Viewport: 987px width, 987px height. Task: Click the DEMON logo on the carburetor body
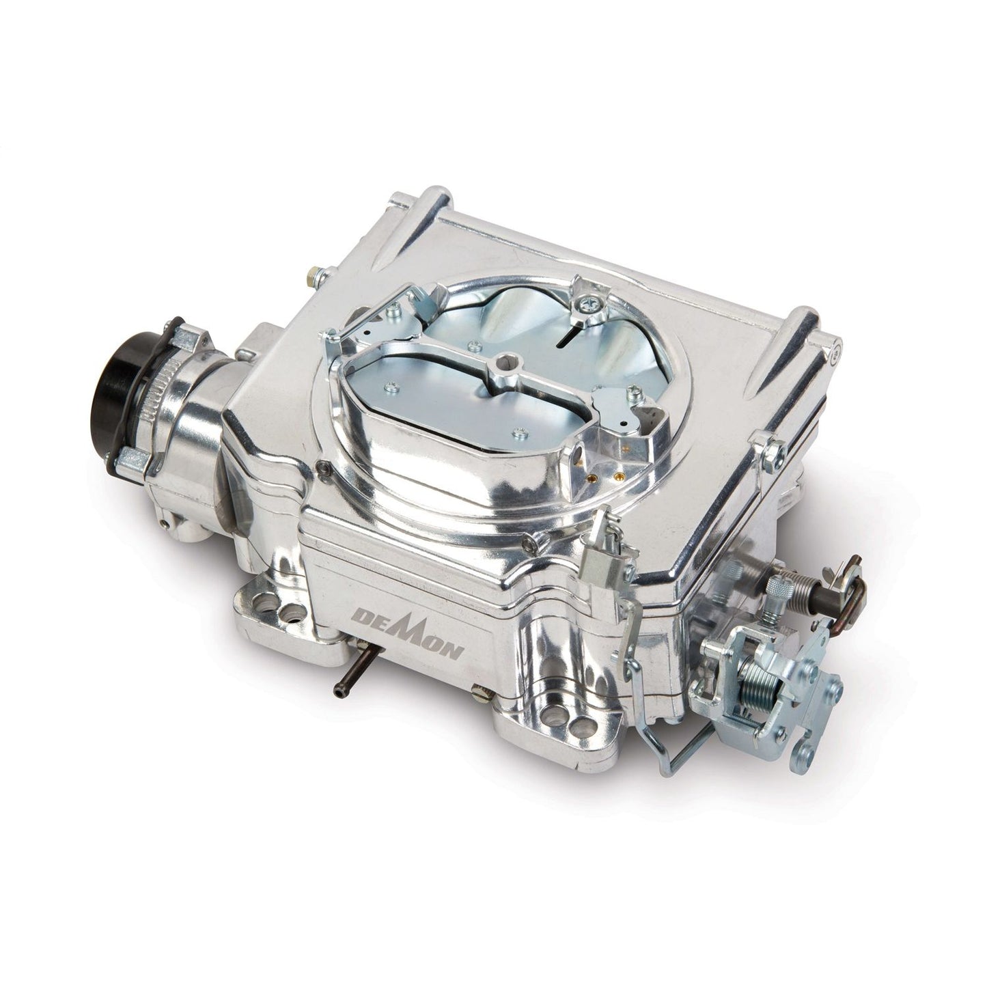407,638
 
